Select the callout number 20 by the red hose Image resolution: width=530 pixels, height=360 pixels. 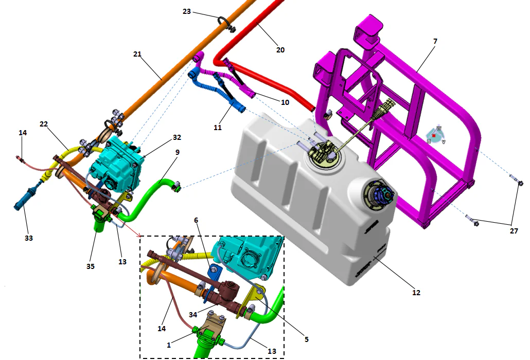coord(280,50)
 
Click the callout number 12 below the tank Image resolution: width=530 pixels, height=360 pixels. coord(416,292)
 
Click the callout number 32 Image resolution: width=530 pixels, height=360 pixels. coord(177,138)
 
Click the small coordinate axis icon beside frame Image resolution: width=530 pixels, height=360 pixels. coord(435,135)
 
